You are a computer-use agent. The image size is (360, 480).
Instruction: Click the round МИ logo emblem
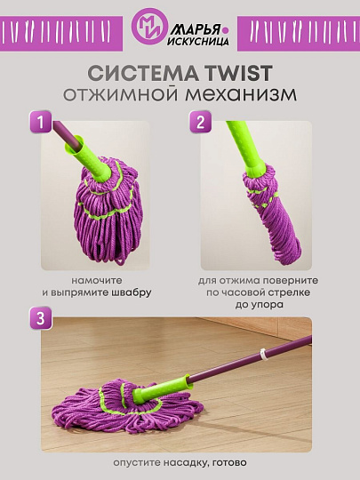click(149, 27)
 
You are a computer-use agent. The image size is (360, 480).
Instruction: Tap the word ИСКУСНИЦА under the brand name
click(198, 42)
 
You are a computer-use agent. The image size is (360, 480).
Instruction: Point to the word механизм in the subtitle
click(241, 94)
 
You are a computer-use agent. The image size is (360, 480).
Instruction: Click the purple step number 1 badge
click(40, 122)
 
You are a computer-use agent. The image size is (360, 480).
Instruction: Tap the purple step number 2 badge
click(201, 122)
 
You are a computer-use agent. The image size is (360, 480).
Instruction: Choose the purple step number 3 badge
click(40, 318)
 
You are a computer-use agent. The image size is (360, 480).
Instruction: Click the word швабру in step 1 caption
click(131, 292)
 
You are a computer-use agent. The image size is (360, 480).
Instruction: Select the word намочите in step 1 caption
click(97, 280)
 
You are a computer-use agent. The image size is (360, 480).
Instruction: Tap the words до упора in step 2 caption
click(259, 305)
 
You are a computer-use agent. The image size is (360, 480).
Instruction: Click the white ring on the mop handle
click(262, 354)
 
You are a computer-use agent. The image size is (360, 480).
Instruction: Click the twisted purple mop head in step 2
click(271, 216)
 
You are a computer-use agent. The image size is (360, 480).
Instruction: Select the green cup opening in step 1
click(75, 145)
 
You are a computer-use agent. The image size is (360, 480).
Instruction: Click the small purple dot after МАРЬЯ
click(226, 30)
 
